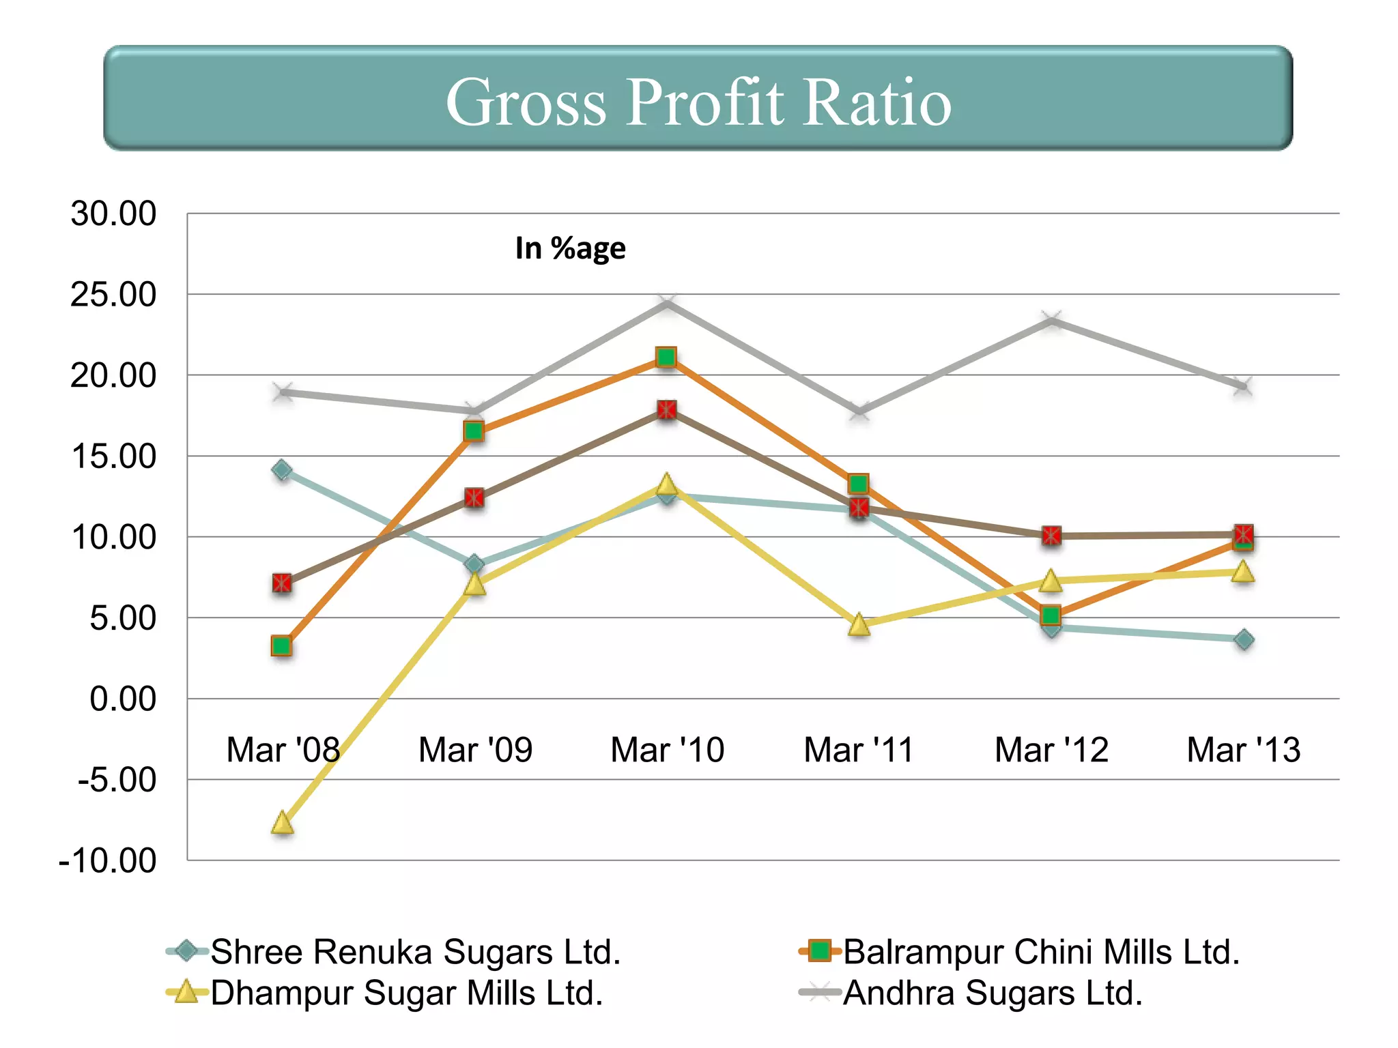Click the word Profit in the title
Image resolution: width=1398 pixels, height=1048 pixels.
(704, 102)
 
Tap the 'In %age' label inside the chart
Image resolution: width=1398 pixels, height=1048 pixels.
(570, 248)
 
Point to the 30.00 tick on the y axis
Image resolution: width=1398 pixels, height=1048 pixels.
(114, 214)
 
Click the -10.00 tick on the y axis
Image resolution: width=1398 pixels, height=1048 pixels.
(108, 861)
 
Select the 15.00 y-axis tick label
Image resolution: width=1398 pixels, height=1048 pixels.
(114, 456)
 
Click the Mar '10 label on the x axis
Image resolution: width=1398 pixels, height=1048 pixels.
(667, 750)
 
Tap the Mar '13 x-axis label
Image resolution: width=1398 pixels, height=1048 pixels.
(1243, 750)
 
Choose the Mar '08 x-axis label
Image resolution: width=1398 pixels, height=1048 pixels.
(283, 750)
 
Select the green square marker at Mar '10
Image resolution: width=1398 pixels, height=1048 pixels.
(666, 357)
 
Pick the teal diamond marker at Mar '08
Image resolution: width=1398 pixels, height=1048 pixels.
(282, 470)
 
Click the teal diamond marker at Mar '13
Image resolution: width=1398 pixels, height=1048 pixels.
(1244, 640)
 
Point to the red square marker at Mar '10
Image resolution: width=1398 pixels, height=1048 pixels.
(667, 410)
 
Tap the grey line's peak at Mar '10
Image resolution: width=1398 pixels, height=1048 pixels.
(667, 303)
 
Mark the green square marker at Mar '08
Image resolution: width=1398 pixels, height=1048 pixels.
(281, 645)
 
